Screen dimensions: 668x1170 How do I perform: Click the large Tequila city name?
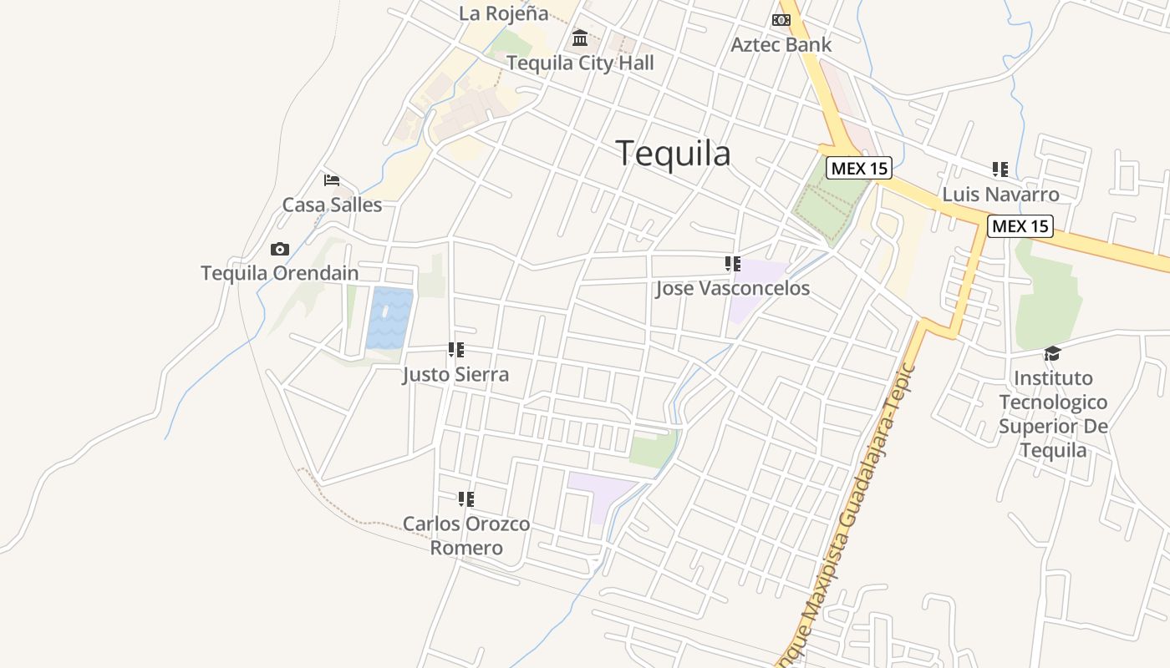(673, 154)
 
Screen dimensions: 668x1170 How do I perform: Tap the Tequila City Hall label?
(580, 63)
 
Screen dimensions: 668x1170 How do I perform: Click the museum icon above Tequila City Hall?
(580, 38)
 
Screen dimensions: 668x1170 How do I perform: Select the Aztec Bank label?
(781, 45)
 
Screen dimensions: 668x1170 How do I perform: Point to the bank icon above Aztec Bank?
(781, 20)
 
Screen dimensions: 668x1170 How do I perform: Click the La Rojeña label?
(504, 13)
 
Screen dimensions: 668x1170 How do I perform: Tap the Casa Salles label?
(332, 205)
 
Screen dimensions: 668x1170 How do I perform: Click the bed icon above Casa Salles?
(332, 180)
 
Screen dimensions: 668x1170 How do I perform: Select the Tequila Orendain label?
(280, 273)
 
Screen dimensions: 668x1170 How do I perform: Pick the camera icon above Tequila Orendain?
(280, 250)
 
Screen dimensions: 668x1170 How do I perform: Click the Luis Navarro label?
(1000, 195)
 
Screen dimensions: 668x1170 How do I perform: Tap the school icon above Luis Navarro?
(1000, 170)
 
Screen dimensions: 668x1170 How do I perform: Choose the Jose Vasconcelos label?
(733, 289)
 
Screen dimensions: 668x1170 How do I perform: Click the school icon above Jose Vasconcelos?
(733, 265)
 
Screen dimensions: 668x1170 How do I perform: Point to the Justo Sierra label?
(455, 375)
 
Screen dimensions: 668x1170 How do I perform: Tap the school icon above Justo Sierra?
(456, 350)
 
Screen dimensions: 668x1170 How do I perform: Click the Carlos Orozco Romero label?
(466, 536)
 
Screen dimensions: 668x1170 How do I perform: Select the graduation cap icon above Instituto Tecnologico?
(1053, 353)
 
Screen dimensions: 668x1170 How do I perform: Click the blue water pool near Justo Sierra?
(389, 318)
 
